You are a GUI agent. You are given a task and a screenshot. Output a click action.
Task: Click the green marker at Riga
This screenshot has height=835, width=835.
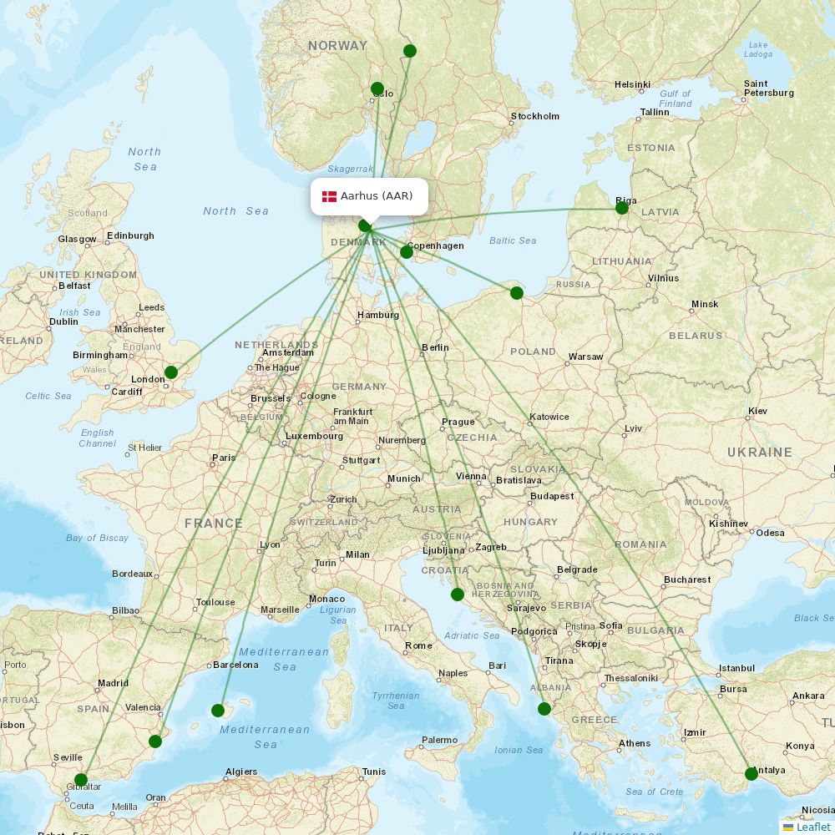pos(622,208)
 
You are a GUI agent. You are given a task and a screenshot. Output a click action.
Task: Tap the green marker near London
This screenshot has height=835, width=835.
pos(171,372)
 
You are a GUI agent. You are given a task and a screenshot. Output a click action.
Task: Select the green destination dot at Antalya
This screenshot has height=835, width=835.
pos(751,774)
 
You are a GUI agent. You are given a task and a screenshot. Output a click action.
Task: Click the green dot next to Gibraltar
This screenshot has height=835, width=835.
pos(81,780)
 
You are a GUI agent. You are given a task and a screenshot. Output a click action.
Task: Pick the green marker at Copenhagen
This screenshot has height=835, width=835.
pos(407,252)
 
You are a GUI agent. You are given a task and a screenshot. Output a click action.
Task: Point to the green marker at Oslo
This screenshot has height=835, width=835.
pos(377,89)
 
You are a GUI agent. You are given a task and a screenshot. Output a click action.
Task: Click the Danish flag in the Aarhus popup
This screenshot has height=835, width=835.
pos(329,196)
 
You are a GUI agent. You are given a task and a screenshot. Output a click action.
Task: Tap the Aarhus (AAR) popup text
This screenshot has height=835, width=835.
pos(377,196)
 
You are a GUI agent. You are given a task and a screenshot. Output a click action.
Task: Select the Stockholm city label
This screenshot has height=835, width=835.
pos(535,116)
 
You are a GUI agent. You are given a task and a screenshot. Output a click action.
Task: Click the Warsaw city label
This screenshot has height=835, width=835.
pos(585,357)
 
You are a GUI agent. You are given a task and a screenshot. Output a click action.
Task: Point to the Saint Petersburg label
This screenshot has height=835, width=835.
pos(768,89)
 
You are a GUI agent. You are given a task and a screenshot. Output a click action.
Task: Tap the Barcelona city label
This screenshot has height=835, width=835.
pos(235,665)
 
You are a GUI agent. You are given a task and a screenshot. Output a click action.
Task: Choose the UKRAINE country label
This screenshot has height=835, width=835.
pos(759,453)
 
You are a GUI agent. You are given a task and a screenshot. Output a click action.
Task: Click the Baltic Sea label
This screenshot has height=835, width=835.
pos(513,240)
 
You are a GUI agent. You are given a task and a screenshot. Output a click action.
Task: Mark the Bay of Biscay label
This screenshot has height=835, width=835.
pos(98,538)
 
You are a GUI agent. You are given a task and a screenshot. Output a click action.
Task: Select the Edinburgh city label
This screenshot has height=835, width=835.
pos(130,235)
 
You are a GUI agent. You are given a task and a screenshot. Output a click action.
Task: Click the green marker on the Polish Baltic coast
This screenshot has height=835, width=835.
pos(517,292)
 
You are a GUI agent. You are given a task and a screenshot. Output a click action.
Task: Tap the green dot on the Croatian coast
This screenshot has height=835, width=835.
pos(458,595)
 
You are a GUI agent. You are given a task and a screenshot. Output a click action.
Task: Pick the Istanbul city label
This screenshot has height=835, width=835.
pos(736,668)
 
